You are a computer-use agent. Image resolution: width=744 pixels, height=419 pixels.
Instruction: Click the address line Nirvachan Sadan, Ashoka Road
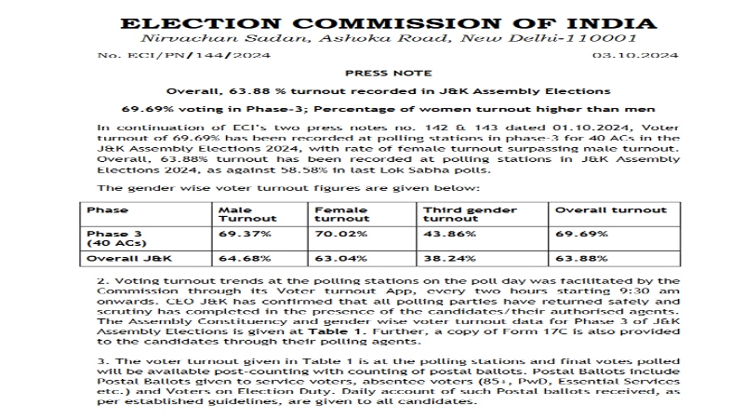pos(372,39)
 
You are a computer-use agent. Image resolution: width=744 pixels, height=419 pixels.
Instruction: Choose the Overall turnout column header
pos(604,210)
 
